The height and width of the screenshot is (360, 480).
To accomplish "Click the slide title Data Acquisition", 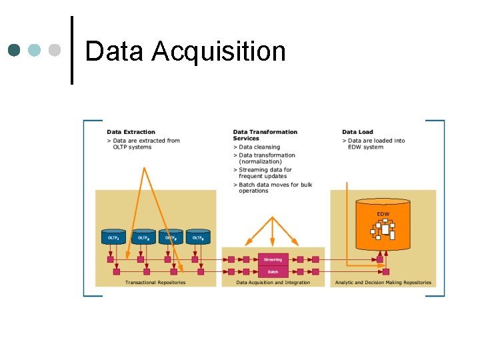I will (x=185, y=51).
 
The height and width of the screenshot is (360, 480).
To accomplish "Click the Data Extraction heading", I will (x=131, y=132).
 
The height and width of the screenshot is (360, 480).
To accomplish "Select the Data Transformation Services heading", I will (x=265, y=135).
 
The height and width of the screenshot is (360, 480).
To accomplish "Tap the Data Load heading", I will (x=357, y=132).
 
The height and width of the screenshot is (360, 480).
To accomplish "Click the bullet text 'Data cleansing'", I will (x=259, y=147).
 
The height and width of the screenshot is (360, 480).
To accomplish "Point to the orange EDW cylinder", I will (x=383, y=223).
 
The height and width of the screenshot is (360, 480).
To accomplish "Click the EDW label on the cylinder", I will (x=383, y=214).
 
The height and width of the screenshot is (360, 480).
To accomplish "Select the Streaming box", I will (x=273, y=259).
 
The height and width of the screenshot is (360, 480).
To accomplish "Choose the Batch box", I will (x=273, y=271).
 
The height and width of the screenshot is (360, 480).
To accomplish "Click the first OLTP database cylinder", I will (x=114, y=236).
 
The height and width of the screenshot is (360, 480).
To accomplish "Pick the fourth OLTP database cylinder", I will (x=198, y=236).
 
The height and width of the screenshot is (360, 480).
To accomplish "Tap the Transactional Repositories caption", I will (x=155, y=283).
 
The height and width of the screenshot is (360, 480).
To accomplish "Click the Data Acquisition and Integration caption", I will (x=273, y=283).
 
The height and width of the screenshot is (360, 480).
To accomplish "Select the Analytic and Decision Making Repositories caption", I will (x=383, y=283).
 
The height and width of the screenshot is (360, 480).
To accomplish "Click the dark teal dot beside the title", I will (x=15, y=50).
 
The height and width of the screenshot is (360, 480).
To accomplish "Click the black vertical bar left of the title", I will (x=71, y=50).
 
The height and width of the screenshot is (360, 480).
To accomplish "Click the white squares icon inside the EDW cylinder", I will (x=384, y=229).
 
